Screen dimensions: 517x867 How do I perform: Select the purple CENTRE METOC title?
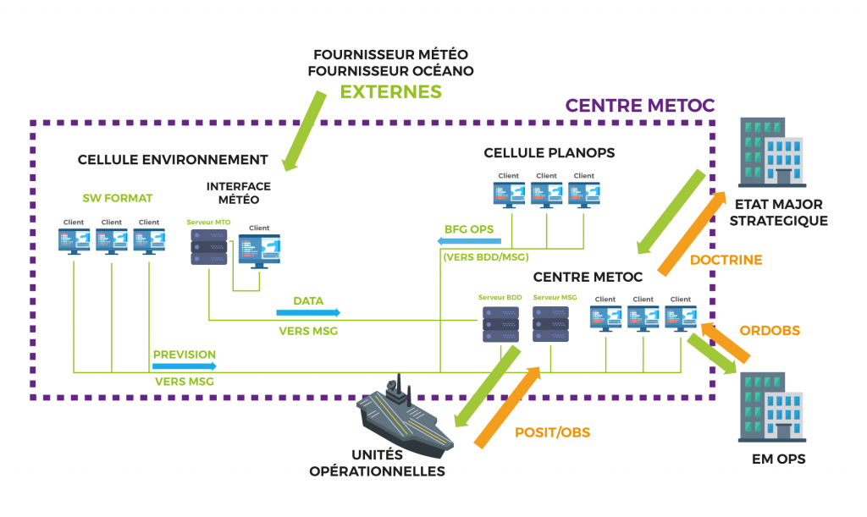point(639,105)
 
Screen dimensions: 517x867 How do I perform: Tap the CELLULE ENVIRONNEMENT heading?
point(173,159)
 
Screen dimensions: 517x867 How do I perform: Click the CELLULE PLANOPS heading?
point(549,153)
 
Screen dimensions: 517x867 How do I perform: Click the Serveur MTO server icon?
point(207,245)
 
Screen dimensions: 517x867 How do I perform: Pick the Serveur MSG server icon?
point(547,323)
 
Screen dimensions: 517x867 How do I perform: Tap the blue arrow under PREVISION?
point(185,366)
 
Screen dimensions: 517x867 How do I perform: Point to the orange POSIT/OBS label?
point(552,432)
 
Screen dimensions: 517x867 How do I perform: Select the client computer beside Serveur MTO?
point(259,248)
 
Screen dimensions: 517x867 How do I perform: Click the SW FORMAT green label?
point(117,198)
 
